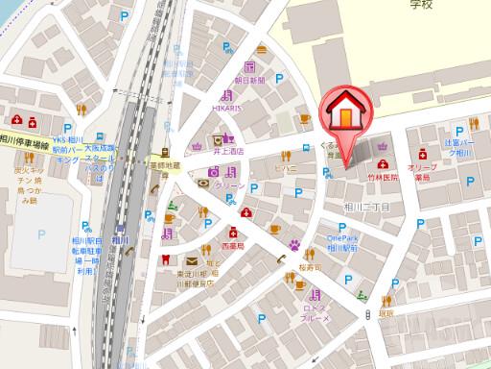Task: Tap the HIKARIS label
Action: point(231,110)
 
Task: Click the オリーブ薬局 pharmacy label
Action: point(423,172)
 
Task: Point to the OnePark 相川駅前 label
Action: point(342,242)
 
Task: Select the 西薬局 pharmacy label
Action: point(233,246)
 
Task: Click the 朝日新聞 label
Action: point(249,81)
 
